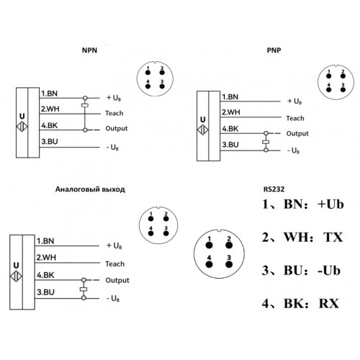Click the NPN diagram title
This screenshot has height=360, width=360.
click(x=89, y=50)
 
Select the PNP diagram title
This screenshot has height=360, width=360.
click(x=274, y=50)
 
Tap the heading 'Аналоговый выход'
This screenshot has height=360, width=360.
click(x=90, y=189)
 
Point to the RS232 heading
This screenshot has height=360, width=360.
click(x=274, y=189)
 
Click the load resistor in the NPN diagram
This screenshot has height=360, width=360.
click(x=85, y=105)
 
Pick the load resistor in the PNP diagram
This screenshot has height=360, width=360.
click(x=266, y=142)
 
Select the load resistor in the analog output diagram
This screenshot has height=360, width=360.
click(x=84, y=289)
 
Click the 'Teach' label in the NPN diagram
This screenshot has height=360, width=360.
click(x=114, y=113)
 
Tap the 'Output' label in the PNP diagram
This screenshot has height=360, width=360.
click(x=297, y=134)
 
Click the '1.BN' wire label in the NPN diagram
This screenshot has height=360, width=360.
click(x=49, y=94)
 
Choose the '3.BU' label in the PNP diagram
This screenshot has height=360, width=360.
click(x=230, y=145)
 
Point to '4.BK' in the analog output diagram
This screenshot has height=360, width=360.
click(x=45, y=275)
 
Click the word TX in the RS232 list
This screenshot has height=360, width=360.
click(x=333, y=238)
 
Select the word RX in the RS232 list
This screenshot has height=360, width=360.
click(x=329, y=304)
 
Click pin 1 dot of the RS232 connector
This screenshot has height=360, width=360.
click(x=210, y=246)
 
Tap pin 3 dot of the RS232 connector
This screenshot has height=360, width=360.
click(x=229, y=264)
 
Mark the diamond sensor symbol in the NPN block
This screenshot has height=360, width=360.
click(x=22, y=127)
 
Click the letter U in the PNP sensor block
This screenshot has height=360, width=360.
click(x=203, y=120)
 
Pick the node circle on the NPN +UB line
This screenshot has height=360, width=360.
click(x=85, y=98)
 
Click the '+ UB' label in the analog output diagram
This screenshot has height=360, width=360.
click(x=114, y=246)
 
